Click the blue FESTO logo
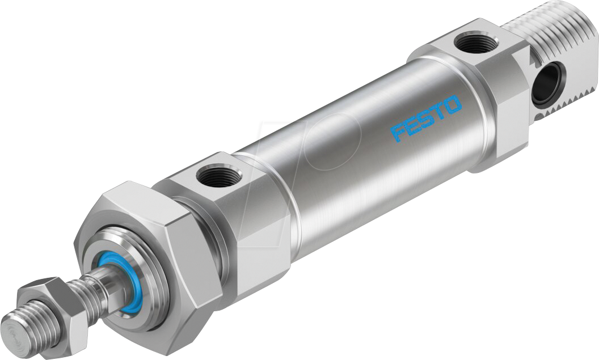pyautogui.click(x=426, y=118)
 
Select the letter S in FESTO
pyautogui.click(x=425, y=118)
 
